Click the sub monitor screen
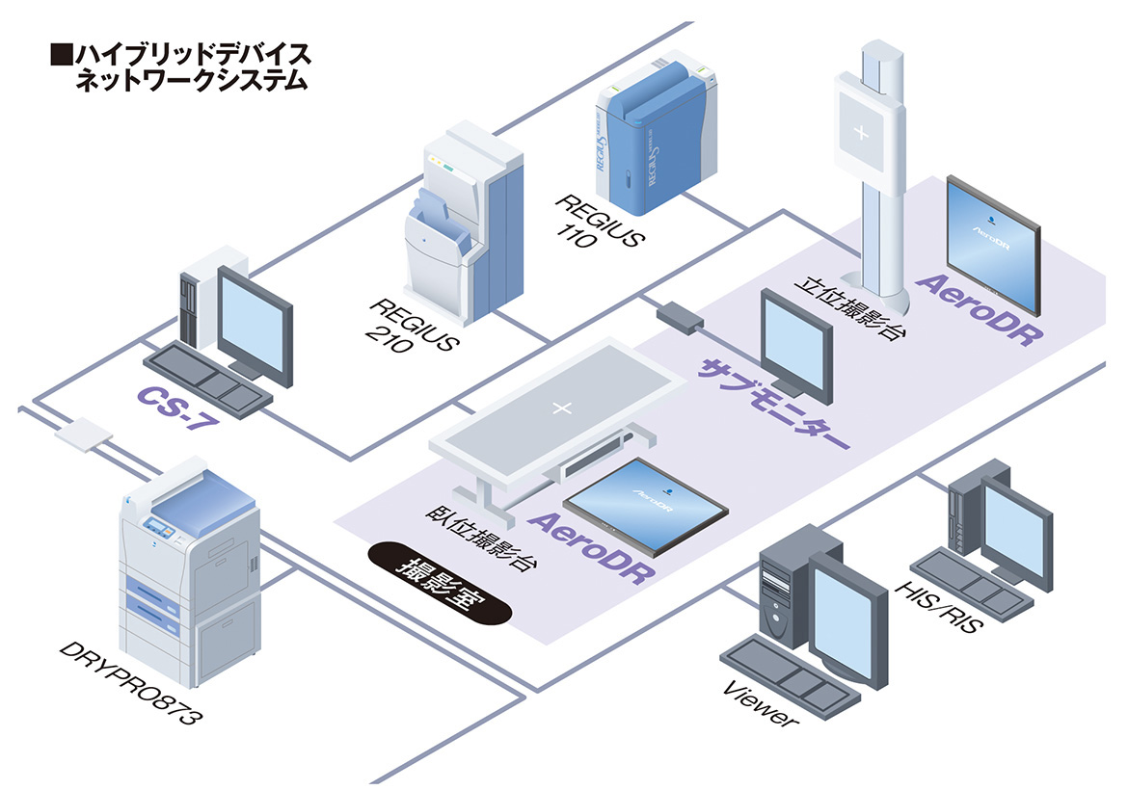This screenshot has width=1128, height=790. point(795,343)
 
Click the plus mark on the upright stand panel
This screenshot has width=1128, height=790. point(861,131)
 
